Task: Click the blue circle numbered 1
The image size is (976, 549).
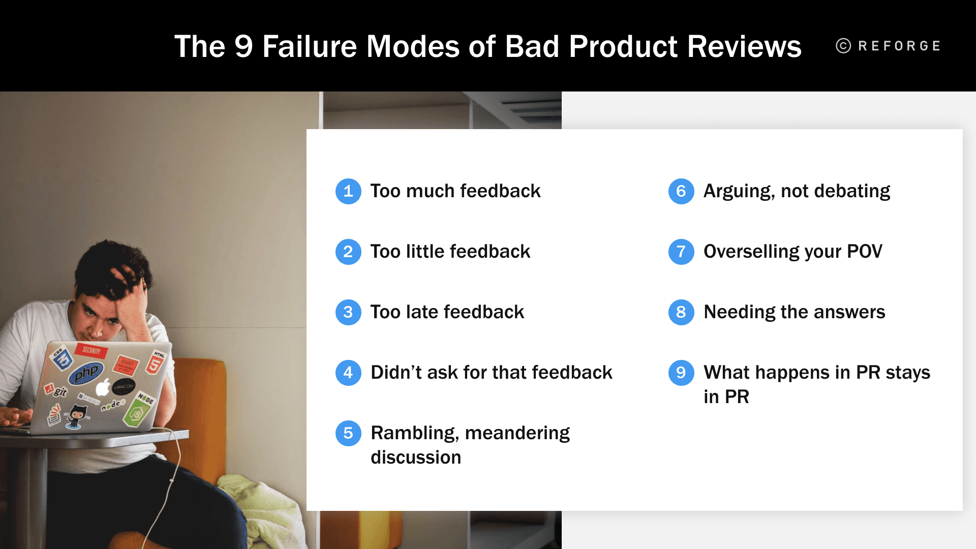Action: point(348,191)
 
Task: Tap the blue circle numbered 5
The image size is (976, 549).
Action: point(348,433)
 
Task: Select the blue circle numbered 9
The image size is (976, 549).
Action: point(681,373)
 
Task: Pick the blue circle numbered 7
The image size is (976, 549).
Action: point(681,252)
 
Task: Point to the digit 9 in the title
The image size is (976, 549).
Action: point(243,47)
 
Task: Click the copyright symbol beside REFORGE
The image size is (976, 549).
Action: point(843,46)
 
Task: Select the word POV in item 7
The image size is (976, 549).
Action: point(864,252)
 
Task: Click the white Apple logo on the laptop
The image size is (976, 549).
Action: point(103,387)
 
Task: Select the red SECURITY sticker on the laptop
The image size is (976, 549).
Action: point(91,350)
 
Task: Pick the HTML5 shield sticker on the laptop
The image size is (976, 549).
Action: point(156,362)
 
